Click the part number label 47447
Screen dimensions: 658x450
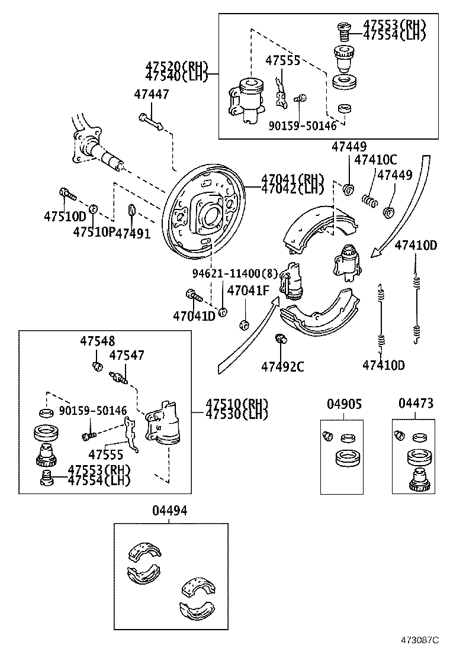[151, 94]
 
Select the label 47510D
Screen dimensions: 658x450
[64, 217]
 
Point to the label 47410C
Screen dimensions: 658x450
[375, 160]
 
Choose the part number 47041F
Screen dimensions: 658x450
[248, 290]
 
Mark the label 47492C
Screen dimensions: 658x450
[282, 367]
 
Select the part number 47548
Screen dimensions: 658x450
[98, 341]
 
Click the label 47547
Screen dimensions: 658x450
[127, 355]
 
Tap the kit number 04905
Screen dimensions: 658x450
[344, 404]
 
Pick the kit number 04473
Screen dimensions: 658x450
[416, 404]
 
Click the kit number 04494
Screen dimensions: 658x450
[169, 511]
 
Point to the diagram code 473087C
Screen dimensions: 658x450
[420, 640]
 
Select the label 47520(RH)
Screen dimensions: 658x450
[175, 66]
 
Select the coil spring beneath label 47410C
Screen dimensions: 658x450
[370, 201]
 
